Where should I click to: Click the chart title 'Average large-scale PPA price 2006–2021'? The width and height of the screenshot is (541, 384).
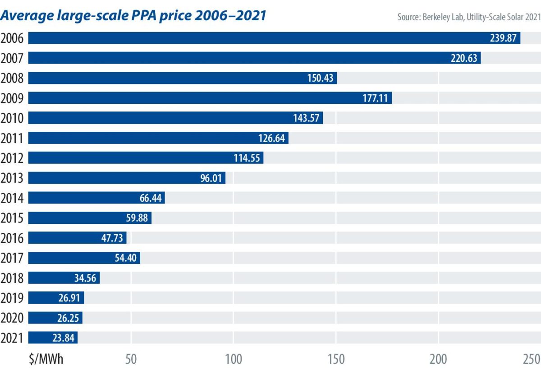(x=133, y=16)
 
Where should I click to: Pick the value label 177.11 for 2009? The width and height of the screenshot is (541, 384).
(x=375, y=98)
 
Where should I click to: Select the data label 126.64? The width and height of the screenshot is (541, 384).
(x=271, y=138)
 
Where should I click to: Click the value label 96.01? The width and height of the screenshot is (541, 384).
(x=211, y=178)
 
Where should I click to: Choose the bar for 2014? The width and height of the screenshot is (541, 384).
(x=96, y=198)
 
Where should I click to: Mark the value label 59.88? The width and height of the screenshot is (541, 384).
(x=137, y=218)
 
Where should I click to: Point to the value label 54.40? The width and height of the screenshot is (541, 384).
(x=125, y=258)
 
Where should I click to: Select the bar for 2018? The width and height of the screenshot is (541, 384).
(x=64, y=278)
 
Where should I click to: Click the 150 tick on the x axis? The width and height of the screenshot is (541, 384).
(x=336, y=359)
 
